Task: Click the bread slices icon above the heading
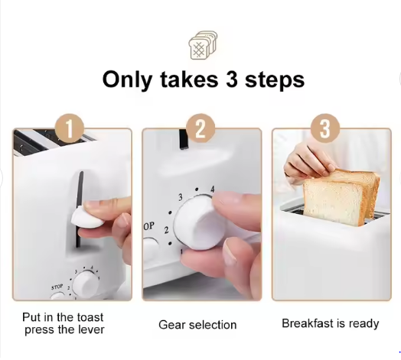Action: [203, 45]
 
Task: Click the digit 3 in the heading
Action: [232, 79]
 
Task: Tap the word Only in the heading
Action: [127, 80]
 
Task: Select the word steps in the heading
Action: [275, 80]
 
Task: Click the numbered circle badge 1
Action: [70, 128]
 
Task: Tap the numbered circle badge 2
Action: [200, 128]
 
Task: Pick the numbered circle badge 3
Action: [325, 128]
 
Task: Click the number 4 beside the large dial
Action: [212, 190]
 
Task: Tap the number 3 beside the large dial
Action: [181, 197]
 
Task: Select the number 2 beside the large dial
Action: [167, 230]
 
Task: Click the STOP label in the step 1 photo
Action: [57, 287]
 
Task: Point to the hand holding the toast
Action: [308, 161]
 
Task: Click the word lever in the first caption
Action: [93, 329]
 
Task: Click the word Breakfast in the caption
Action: [308, 323]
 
